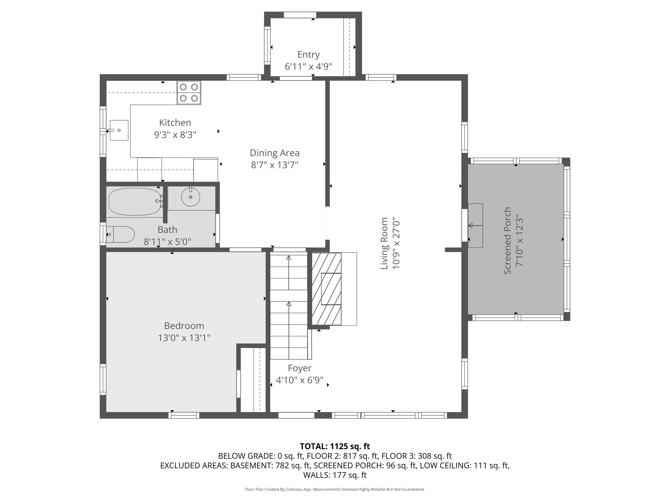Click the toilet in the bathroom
120,234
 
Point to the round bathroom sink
191,197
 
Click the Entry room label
308,55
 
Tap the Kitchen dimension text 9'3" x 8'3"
175,135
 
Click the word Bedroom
184,326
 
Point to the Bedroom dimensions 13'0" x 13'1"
184,338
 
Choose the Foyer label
300,368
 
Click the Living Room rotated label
384,243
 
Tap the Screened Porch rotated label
507,241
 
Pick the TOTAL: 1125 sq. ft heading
335,446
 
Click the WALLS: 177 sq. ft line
335,475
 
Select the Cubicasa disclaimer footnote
335,489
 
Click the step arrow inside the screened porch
475,226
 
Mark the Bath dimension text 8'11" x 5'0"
167,242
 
